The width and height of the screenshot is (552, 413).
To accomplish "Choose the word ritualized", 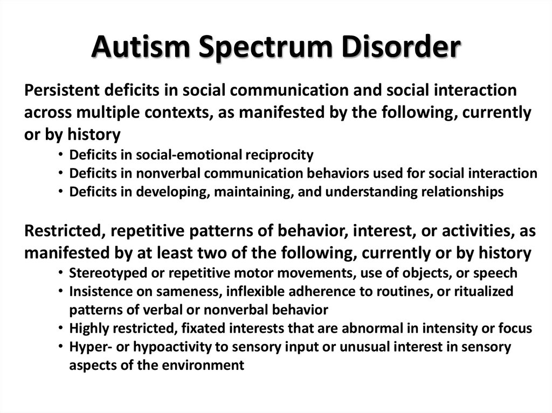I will (x=481, y=292).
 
